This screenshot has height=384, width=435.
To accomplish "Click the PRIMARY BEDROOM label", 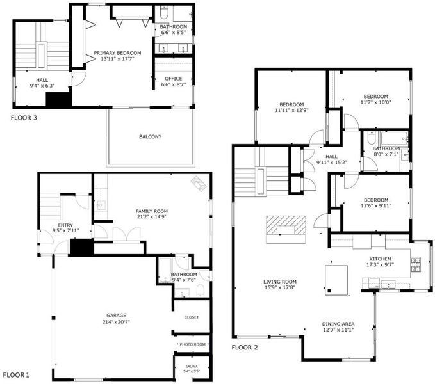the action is tap(117, 53).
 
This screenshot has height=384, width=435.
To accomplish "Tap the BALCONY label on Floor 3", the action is tap(150, 136).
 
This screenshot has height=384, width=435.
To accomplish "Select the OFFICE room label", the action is tap(174, 79).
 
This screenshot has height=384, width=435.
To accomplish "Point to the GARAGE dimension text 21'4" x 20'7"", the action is tap(116, 322).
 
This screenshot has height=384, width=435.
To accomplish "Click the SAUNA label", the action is tap(192, 366).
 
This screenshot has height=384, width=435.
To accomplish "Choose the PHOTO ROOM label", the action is tap(193, 344).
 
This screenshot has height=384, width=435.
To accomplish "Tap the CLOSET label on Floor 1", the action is tap(192, 317).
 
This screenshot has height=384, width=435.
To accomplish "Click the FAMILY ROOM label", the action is tap(151, 211).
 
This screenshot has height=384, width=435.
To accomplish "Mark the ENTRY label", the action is tap(65, 225).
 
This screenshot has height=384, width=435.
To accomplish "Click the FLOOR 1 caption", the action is tap(16, 375).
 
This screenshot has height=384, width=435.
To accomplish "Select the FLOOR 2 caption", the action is tap(245, 348).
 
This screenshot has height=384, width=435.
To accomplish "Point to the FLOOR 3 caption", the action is tap(24, 118).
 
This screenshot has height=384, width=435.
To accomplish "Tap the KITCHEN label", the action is tap(381, 259).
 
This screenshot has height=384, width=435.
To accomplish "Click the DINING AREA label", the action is tap(338, 324).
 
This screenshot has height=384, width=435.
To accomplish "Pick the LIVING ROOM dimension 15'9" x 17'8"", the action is tap(279, 287).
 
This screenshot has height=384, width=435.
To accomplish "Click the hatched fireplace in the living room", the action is tap(286, 225).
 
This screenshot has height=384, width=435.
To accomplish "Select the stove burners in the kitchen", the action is tap(416, 264).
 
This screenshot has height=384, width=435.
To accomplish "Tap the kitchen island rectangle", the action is tap(336, 280).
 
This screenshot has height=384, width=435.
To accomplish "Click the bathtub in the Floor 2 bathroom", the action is tap(394, 138).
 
